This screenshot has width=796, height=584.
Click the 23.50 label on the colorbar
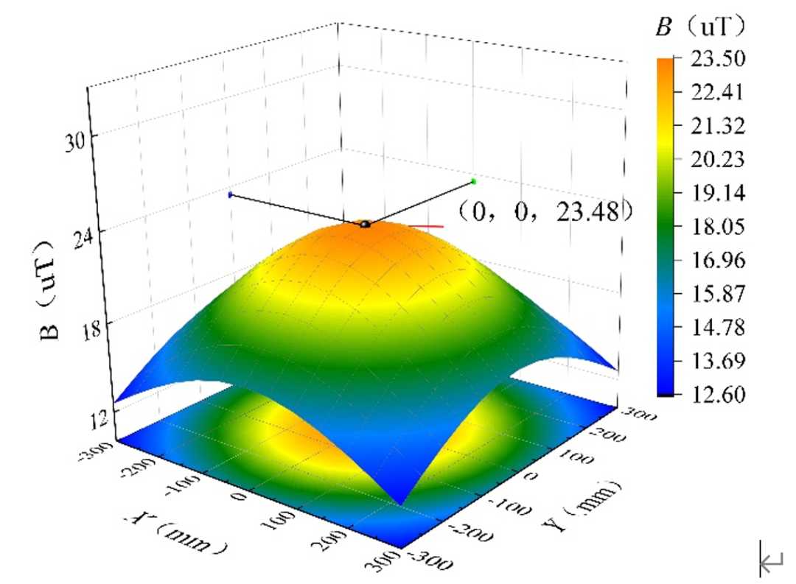coord(718,59)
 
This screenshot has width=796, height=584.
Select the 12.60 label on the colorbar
coord(718,394)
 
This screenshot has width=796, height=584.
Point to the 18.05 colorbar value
coord(718,226)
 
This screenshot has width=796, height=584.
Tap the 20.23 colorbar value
coord(718,159)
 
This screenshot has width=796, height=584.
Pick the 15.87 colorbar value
coord(718,293)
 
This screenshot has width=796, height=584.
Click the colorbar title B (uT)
coord(701,25)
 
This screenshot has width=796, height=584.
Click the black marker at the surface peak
coord(365,224)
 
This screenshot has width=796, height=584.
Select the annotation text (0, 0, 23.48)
coord(545,211)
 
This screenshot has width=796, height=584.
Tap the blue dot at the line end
coord(230,194)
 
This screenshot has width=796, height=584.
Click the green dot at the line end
coord(474,181)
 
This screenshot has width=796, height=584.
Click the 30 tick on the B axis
coord(76,141)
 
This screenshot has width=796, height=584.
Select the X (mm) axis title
coord(175,532)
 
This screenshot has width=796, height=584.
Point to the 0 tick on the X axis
coord(240,495)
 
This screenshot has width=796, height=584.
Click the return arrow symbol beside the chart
coord(771,560)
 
